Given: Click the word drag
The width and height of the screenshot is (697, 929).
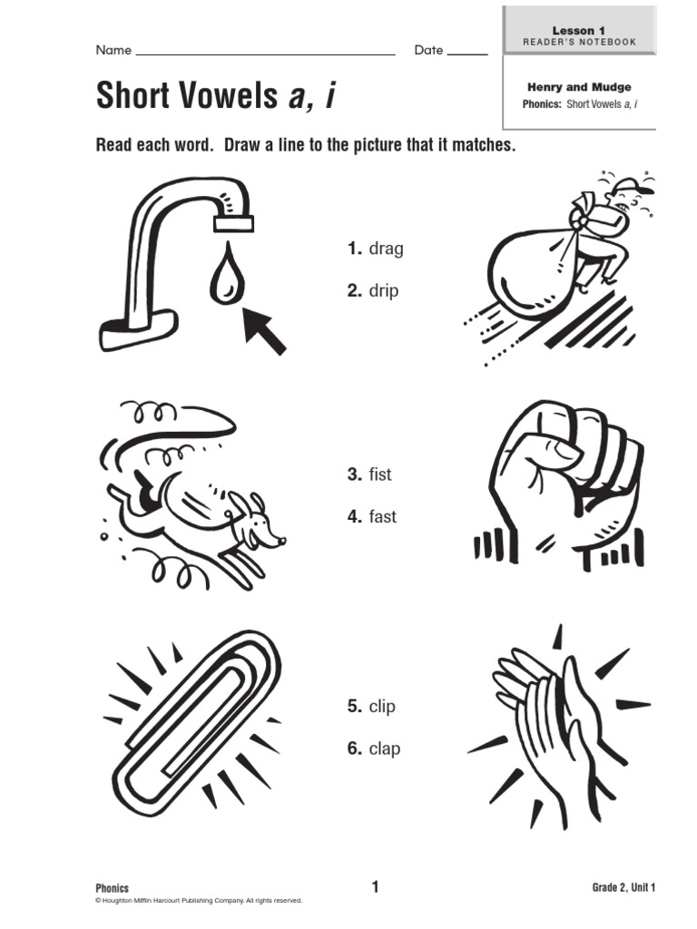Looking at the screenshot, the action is click(x=386, y=249).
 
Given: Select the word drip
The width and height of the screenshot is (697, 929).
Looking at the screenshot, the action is click(x=384, y=291).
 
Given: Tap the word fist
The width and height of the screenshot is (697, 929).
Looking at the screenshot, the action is click(x=380, y=474).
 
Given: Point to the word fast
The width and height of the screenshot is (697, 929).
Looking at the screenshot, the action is click(x=382, y=516).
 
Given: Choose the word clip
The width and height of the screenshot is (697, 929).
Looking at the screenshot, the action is click(x=382, y=706).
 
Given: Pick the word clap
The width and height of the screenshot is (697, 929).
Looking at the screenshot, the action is click(x=385, y=748).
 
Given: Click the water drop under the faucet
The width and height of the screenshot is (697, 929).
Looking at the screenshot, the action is click(x=227, y=274).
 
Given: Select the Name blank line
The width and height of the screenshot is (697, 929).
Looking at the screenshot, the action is click(x=266, y=54).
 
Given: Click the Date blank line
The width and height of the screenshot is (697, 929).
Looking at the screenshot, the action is click(x=467, y=54).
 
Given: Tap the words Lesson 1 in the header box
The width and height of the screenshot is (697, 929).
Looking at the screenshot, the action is click(x=578, y=30).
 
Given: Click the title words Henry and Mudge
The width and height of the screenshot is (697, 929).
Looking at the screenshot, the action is click(x=579, y=87).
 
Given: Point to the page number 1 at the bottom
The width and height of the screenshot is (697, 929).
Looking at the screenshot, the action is click(x=375, y=887).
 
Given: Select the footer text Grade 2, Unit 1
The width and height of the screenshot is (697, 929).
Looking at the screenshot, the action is click(x=623, y=887).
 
